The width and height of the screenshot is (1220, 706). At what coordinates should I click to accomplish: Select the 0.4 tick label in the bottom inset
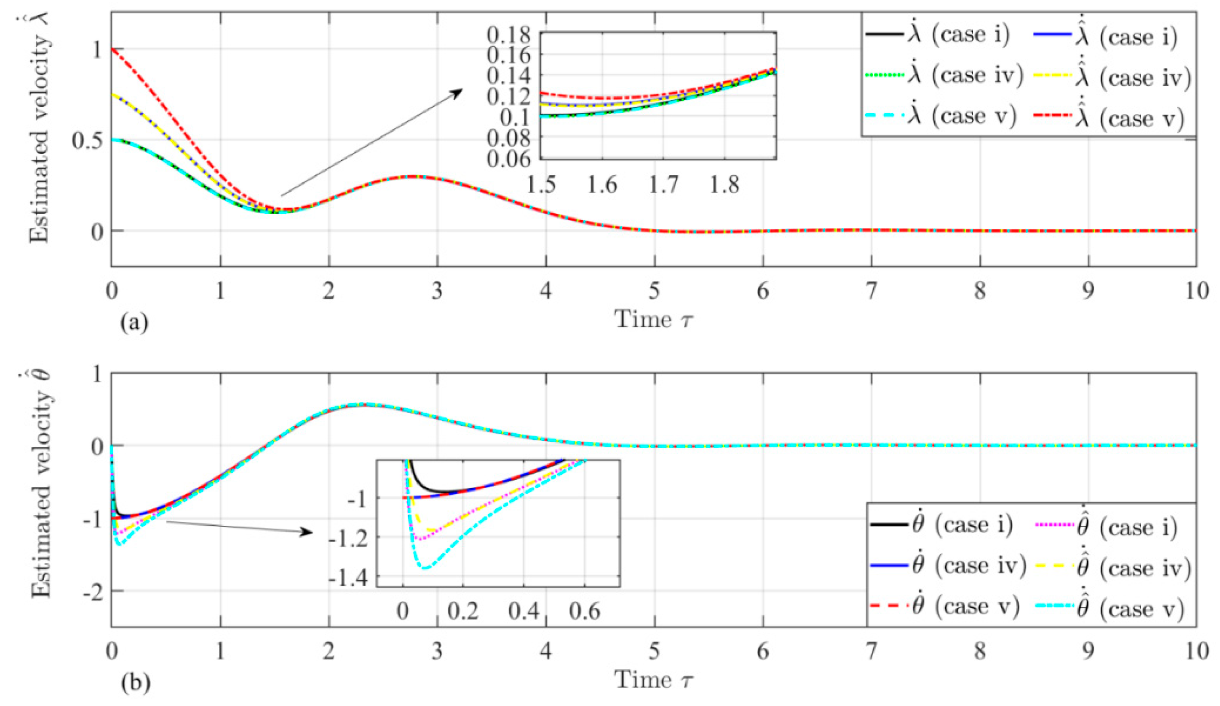click(x=524, y=611)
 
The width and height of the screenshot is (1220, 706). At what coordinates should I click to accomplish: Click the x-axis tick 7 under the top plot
click(x=871, y=292)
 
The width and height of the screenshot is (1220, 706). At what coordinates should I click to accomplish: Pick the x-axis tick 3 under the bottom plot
click(x=437, y=651)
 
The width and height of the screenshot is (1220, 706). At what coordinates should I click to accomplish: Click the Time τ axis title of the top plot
click(x=654, y=320)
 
